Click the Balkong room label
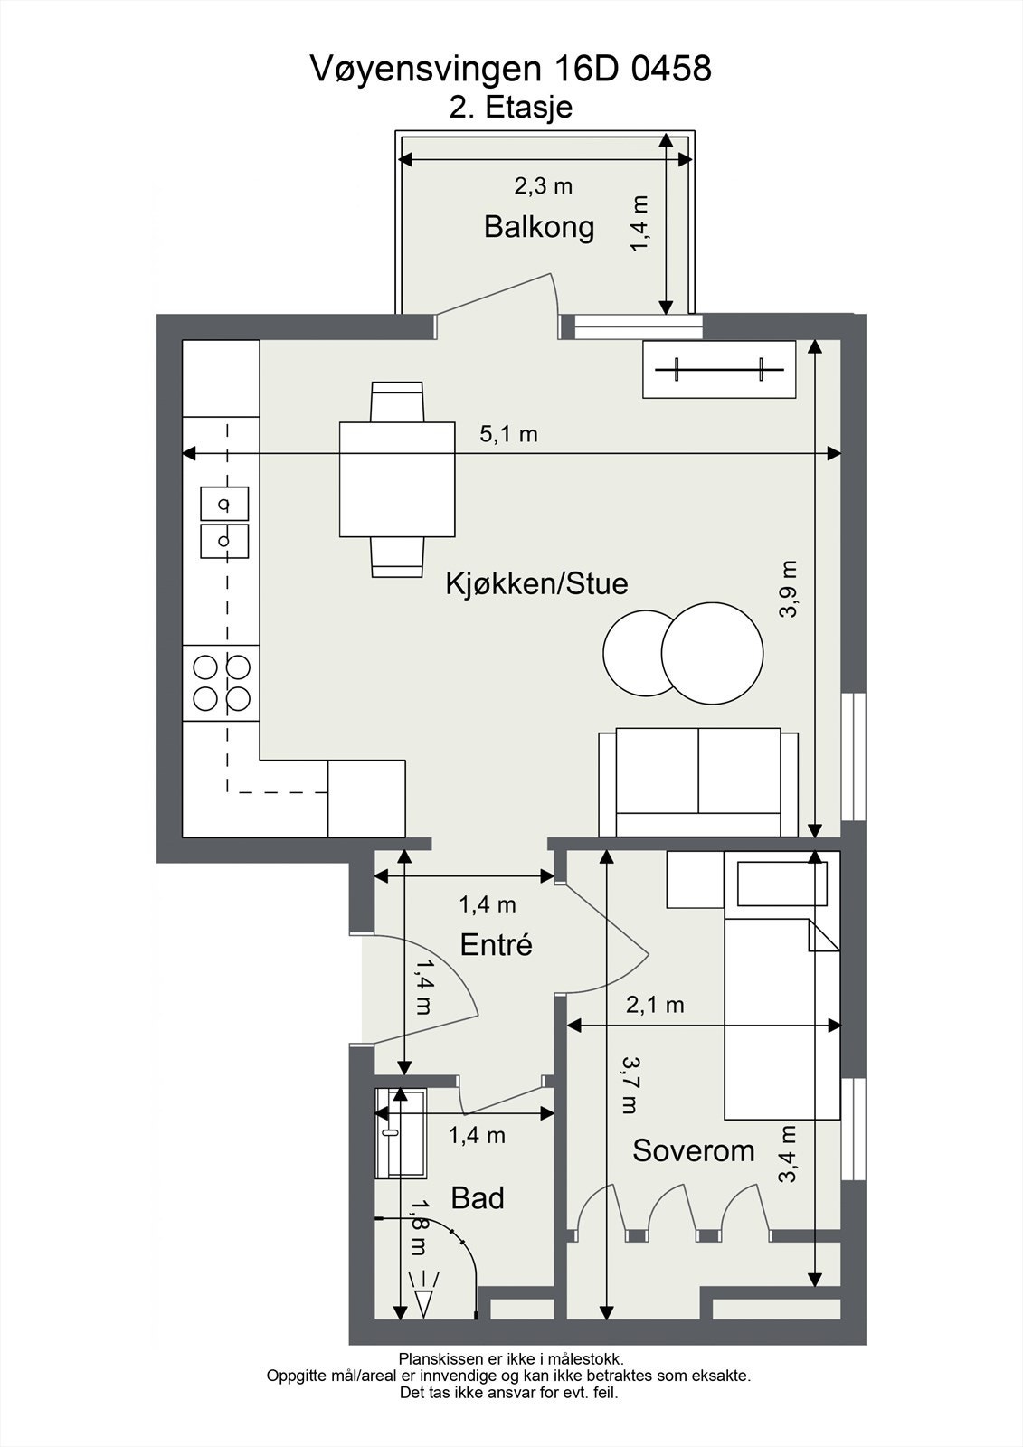point(539,226)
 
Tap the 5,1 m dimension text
point(508,434)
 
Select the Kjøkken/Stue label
point(536,583)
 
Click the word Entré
point(496,945)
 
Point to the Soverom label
point(693,1151)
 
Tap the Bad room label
point(477,1198)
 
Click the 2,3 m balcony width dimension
point(544,186)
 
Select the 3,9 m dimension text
point(789,589)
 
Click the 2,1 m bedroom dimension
point(655,1004)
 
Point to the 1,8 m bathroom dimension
point(419,1227)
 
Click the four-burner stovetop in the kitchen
point(222,683)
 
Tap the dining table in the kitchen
point(396,479)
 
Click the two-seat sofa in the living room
point(698,782)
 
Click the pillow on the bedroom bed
point(782,884)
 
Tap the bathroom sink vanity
point(402,1133)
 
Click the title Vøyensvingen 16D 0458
point(511,69)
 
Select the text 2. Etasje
point(511,108)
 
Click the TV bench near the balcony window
point(719,369)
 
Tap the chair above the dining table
point(397,401)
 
